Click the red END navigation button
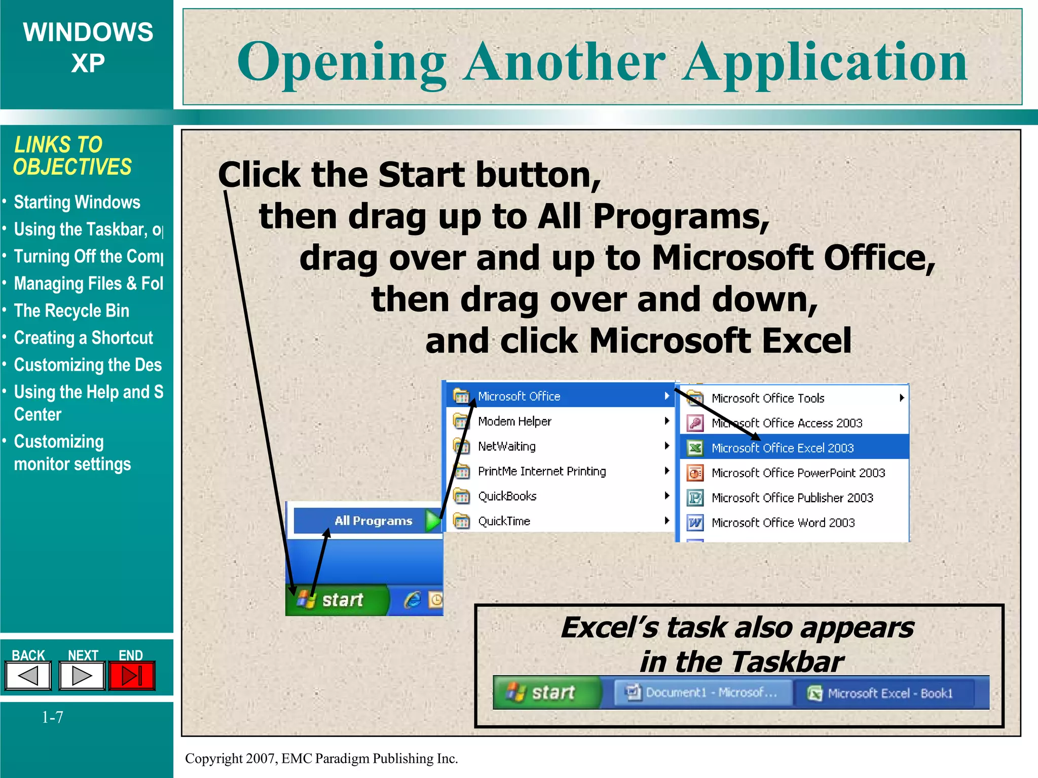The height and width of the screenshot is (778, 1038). [132, 676]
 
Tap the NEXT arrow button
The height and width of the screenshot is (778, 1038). [82, 676]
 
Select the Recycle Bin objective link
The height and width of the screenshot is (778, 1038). [71, 310]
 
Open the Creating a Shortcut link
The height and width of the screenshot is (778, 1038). [83, 338]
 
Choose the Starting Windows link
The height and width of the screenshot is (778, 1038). [77, 202]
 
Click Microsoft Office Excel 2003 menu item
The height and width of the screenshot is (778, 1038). [782, 448]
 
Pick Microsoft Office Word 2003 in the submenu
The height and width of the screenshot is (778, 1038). [783, 523]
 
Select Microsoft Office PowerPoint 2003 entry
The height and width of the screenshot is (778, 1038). [798, 473]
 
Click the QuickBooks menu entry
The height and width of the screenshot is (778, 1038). [507, 496]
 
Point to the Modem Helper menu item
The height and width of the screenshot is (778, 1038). [514, 421]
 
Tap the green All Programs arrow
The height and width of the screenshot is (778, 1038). [433, 521]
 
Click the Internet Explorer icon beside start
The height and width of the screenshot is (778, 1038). [412, 600]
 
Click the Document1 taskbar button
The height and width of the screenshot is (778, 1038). [702, 692]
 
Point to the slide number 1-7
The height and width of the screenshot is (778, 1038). [52, 717]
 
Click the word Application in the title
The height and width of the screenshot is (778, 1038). [825, 62]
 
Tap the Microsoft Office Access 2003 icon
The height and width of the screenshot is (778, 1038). [695, 423]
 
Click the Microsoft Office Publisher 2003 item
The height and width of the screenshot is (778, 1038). [792, 498]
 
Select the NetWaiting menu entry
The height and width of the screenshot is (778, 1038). [506, 446]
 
